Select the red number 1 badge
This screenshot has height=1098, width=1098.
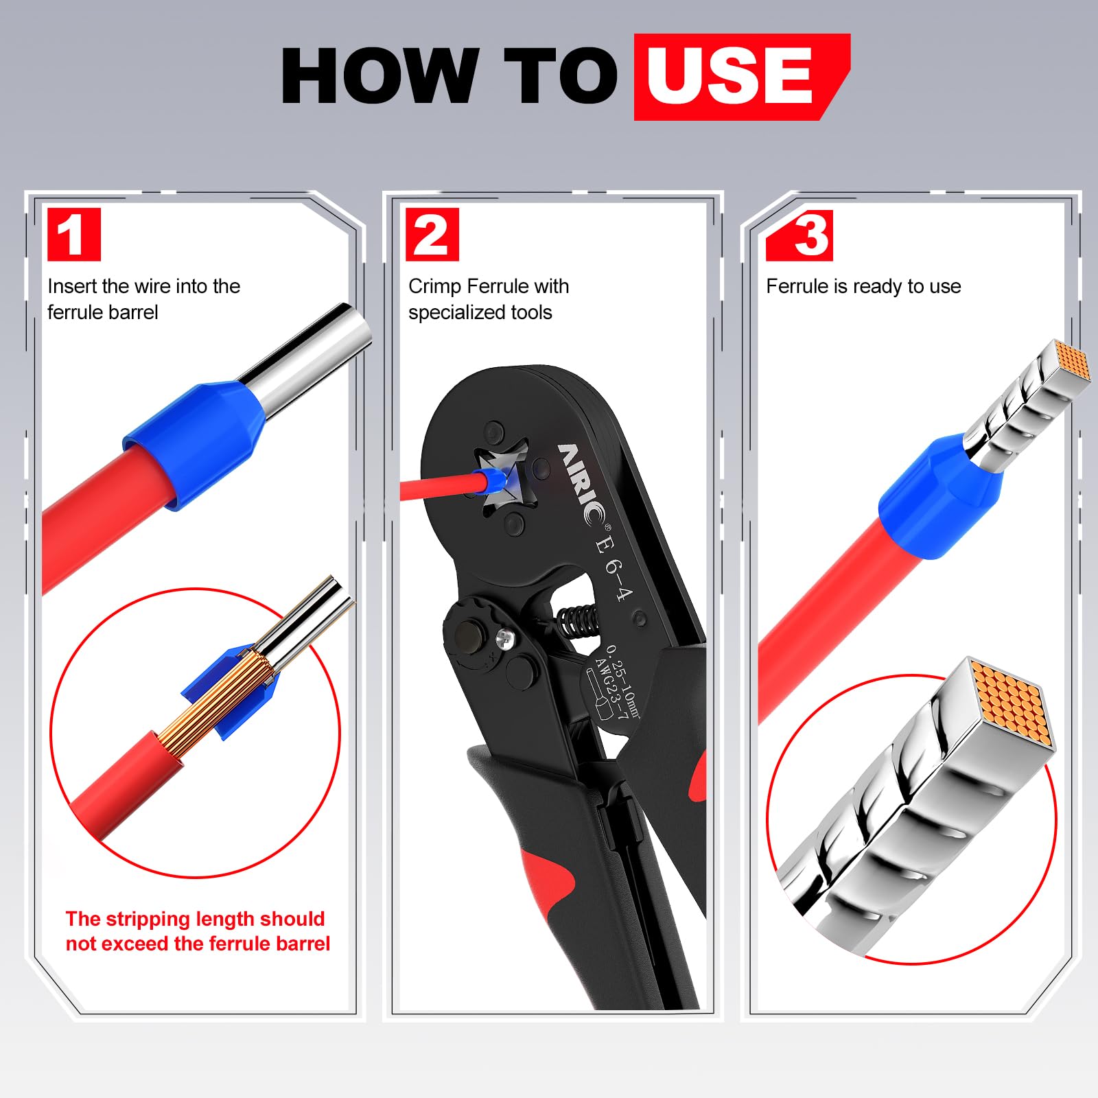[74, 235]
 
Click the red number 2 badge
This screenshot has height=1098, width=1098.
[432, 235]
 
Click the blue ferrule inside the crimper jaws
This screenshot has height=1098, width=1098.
[495, 479]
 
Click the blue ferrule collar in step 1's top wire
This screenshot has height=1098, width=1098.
[194, 446]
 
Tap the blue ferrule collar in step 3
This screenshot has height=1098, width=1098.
[940, 495]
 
